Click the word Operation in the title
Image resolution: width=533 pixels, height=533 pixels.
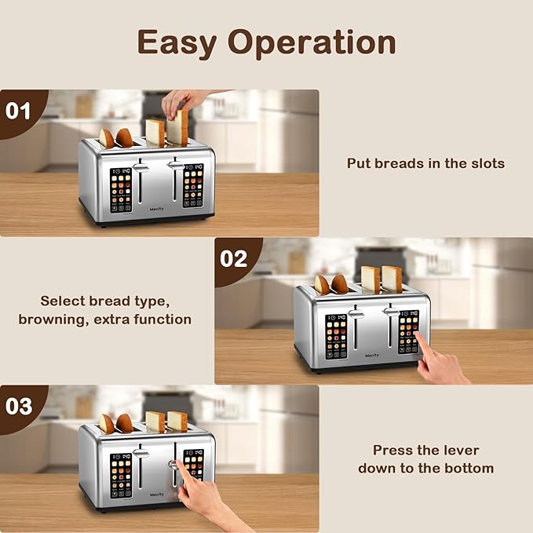tap(313, 44)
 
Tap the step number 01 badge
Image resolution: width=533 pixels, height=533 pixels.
tap(18, 110)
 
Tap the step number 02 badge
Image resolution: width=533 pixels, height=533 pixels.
tap(233, 258)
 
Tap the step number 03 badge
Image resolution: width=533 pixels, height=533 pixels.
tap(18, 406)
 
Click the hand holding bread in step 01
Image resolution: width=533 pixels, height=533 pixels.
tap(183, 100)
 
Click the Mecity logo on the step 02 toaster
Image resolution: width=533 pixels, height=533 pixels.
tap(372, 355)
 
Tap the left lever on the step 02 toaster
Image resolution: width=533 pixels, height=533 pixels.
tap(356, 314)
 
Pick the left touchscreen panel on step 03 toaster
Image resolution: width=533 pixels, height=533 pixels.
tap(121, 474)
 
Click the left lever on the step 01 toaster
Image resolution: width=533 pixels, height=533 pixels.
tap(141, 167)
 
